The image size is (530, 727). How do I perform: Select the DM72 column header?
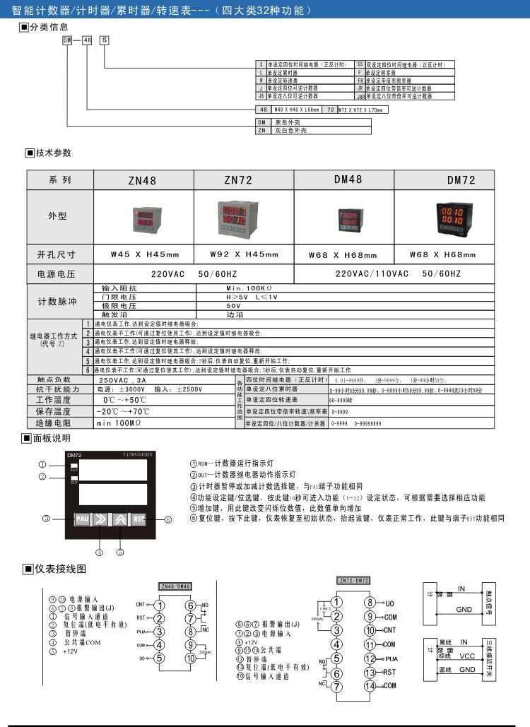coord(461,180)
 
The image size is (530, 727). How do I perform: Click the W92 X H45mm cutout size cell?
coord(245,254)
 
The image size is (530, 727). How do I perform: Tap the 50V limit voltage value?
coord(233,306)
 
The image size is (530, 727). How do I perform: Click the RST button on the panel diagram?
coord(139,519)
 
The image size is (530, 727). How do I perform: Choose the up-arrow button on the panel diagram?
coord(119,519)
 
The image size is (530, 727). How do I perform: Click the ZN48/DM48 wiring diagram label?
coord(175,586)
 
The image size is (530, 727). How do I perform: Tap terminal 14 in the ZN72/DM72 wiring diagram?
coord(370,685)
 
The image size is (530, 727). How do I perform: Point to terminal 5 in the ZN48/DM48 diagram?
coord(160,658)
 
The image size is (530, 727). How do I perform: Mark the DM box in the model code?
coord(69,42)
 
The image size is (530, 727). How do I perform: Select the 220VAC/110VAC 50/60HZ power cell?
coord(398,273)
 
